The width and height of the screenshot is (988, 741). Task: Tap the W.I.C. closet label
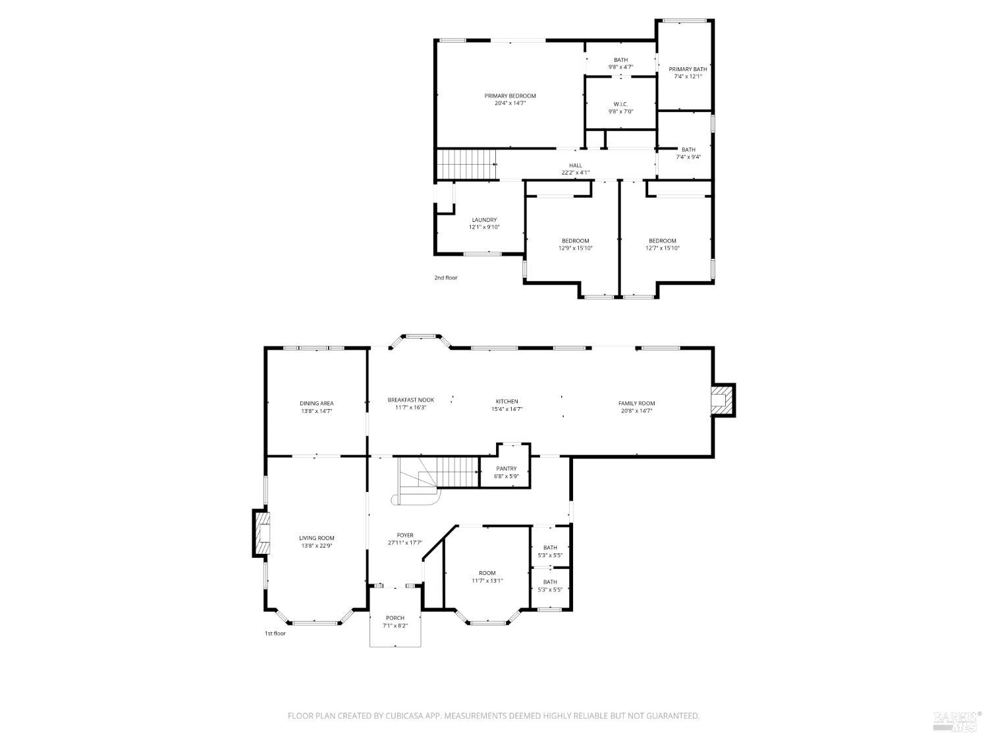coord(620,104)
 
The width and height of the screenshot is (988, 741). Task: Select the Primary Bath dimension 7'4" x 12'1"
coord(688,76)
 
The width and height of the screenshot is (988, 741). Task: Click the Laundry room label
coord(484,220)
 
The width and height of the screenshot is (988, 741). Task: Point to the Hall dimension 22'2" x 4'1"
coord(575,173)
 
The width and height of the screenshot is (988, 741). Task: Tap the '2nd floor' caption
coord(445,278)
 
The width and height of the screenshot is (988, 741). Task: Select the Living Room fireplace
coord(261,532)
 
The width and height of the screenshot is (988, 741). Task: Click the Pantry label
coord(507,469)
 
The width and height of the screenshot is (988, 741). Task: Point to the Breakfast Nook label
coord(410,400)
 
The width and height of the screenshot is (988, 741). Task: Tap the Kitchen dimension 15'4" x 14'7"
coord(507,409)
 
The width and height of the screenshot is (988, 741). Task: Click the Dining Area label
coord(316,403)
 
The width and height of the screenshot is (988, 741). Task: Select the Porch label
coord(395,618)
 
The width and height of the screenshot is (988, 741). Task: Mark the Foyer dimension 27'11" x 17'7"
coord(405,543)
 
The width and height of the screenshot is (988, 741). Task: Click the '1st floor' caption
coord(275,634)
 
